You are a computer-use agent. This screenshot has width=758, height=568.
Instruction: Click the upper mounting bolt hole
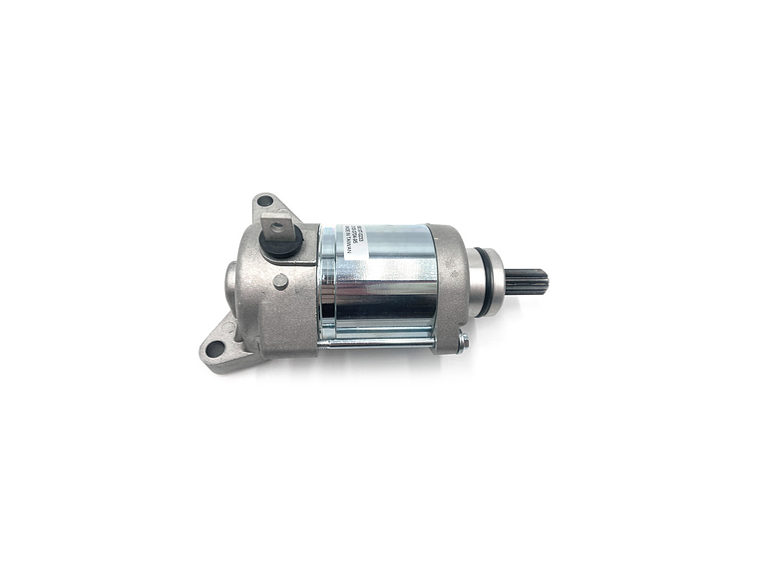coord(263,201)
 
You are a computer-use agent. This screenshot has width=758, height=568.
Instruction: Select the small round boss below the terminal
coord(281,282)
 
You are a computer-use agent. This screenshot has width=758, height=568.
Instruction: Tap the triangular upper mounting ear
coord(269,210)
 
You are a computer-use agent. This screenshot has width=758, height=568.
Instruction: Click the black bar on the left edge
coord(47,284)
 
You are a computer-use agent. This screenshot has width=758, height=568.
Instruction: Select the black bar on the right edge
coord(710,284)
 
